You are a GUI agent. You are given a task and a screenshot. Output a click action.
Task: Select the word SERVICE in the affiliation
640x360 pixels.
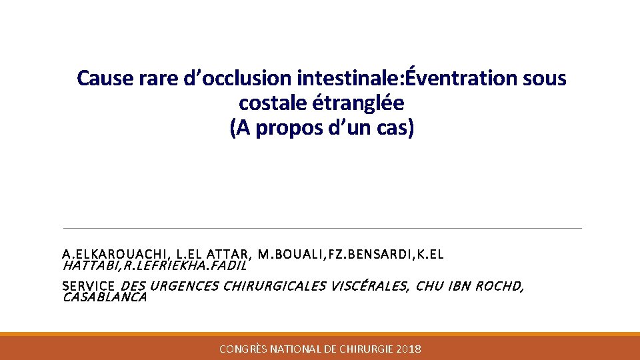point(88,287)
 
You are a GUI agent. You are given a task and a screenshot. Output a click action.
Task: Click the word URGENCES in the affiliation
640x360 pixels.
point(184,287)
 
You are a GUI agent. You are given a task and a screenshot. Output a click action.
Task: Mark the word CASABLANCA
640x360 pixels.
point(104,297)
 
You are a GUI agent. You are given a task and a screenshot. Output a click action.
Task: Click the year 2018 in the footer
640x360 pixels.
point(408,349)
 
